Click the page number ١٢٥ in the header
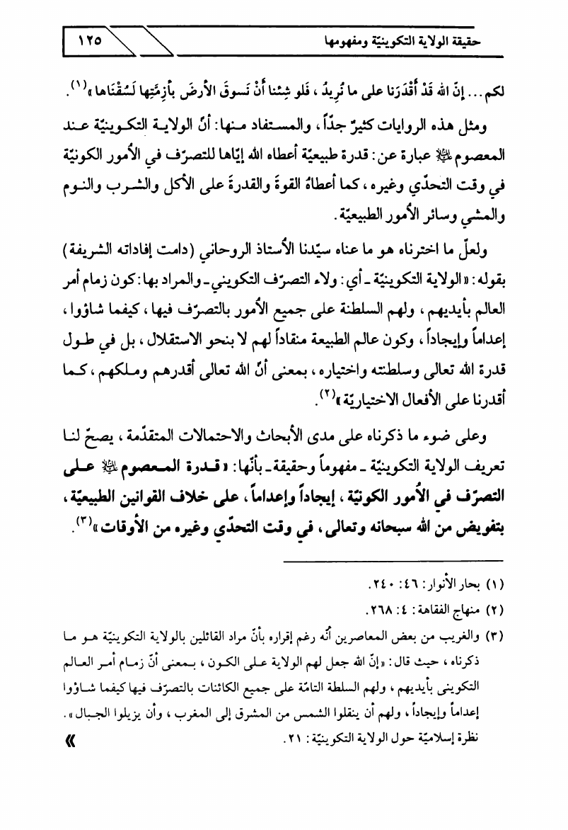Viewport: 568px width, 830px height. click(90, 41)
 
